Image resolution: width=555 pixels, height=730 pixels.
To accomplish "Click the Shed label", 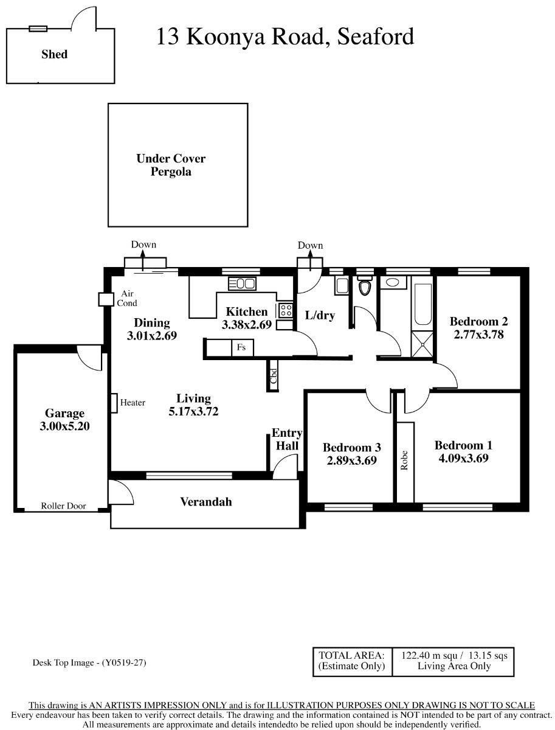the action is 55,54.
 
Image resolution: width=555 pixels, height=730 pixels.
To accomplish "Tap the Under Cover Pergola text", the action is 171,165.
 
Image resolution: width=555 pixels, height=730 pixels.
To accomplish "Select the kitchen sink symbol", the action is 241,283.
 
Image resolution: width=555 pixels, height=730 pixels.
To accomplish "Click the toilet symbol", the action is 365,286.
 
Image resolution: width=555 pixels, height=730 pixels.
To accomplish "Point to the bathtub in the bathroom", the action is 423,304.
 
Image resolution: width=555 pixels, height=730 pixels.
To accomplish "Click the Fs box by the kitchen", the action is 243,347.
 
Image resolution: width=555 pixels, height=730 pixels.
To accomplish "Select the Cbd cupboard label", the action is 274,376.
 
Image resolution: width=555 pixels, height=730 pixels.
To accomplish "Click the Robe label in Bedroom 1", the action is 404,460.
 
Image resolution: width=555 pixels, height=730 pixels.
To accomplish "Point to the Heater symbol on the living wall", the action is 114,403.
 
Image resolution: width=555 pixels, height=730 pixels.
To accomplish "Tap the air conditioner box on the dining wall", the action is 106,299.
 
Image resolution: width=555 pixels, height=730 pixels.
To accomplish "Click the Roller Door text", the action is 63,506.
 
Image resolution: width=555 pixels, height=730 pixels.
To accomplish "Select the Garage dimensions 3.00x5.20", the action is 64,426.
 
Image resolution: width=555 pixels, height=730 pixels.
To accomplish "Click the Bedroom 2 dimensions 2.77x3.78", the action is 478,334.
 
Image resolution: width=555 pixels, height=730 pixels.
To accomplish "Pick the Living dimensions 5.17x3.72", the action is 193,411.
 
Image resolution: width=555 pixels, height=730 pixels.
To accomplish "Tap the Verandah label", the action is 206,502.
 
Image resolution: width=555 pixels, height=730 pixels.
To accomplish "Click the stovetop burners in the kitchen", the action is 286,311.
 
